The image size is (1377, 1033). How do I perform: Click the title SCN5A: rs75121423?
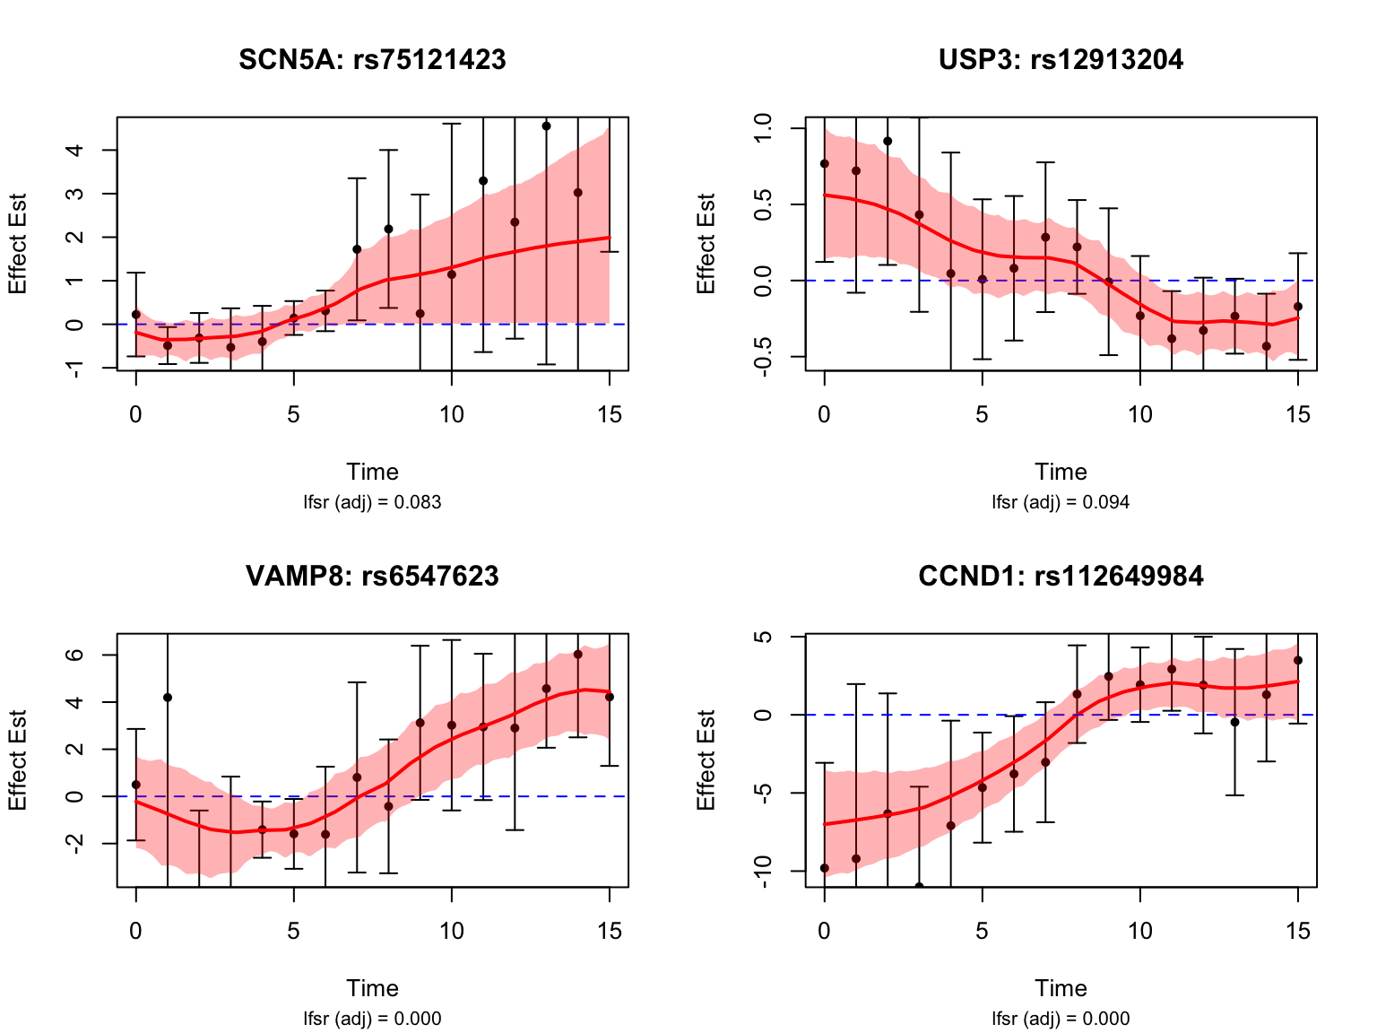(372, 60)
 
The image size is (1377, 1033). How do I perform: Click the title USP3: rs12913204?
(1061, 60)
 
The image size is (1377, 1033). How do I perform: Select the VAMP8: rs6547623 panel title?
(372, 577)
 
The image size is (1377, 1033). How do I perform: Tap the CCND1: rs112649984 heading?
(1061, 577)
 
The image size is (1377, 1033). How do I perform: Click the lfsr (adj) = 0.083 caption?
(372, 502)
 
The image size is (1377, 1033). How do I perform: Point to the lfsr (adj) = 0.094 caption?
(1061, 502)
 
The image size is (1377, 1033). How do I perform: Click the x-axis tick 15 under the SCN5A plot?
(610, 414)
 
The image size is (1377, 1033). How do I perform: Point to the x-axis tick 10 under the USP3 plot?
(1139, 414)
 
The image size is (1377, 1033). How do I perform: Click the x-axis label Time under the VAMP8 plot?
(372, 988)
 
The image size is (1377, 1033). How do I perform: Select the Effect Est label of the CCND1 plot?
(706, 760)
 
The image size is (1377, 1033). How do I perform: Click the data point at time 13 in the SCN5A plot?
(546, 126)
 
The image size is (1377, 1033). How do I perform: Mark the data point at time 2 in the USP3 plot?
(888, 141)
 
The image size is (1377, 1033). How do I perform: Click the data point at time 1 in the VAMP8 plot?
(168, 697)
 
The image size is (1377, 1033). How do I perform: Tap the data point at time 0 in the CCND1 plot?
(825, 868)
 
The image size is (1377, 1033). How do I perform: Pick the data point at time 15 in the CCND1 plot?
(1297, 660)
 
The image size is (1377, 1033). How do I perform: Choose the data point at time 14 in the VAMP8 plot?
(578, 654)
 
